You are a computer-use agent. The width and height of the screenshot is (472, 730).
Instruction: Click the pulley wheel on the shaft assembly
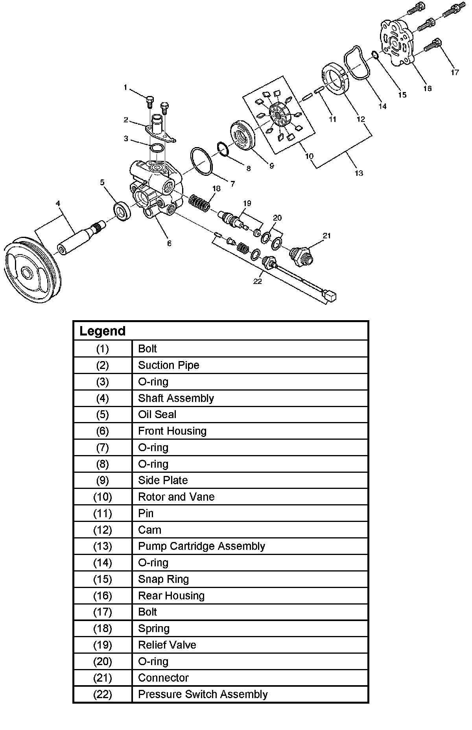31,271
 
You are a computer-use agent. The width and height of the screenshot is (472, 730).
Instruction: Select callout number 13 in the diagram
359,173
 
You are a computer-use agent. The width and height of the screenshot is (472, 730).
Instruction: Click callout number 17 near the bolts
455,72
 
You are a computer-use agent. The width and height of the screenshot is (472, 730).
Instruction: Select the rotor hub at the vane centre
279,116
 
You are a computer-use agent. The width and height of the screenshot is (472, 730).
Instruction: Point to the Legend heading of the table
102,331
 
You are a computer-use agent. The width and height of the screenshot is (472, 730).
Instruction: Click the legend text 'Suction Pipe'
168,365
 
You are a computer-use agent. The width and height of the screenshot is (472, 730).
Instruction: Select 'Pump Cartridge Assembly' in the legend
201,546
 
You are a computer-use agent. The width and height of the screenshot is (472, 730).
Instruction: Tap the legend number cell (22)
102,695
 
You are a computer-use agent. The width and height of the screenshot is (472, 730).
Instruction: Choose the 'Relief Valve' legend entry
167,645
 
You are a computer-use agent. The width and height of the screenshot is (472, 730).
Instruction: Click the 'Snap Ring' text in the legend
163,579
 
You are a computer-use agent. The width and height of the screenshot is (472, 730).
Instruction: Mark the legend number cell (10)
102,497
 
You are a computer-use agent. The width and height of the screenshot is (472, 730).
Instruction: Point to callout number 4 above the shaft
58,203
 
